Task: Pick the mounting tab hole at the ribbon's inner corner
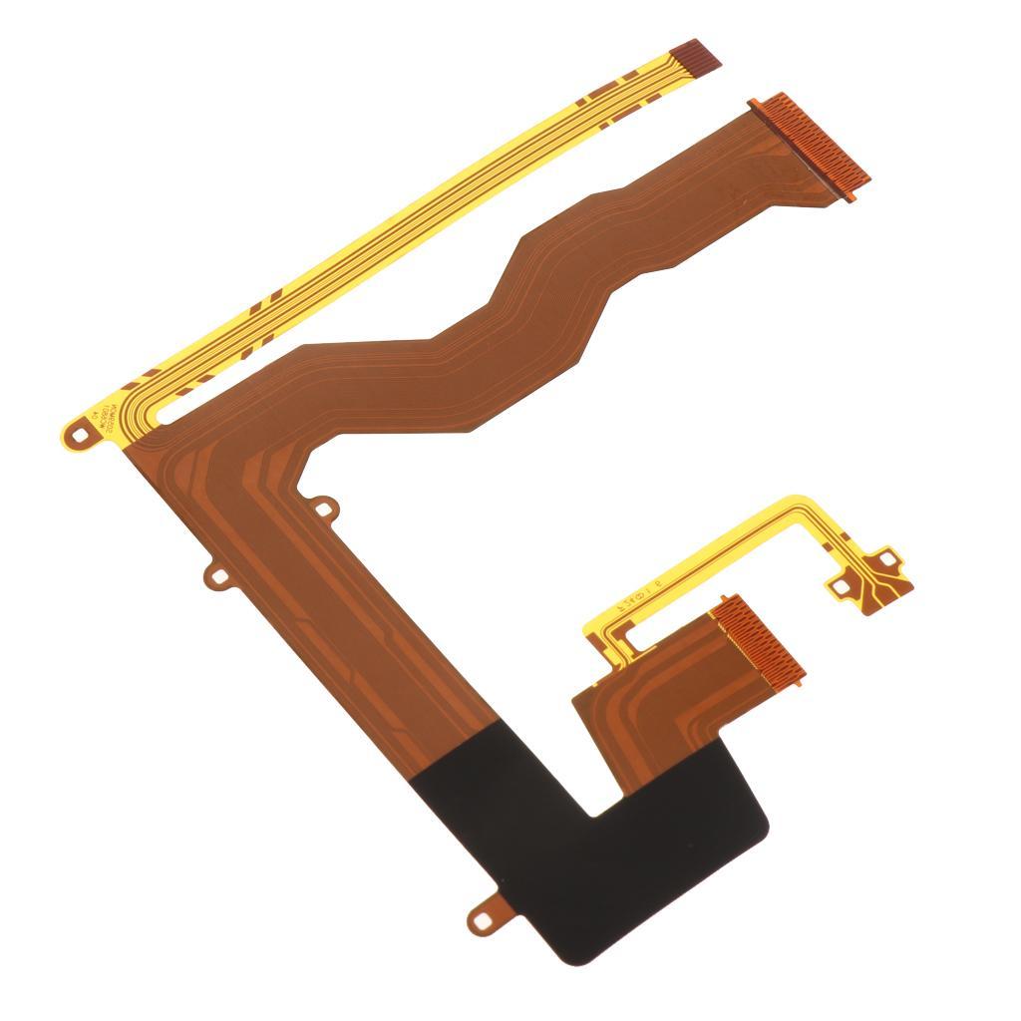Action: (x=323, y=510)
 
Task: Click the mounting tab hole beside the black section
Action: (x=485, y=920)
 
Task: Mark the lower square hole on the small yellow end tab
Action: (x=844, y=588)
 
